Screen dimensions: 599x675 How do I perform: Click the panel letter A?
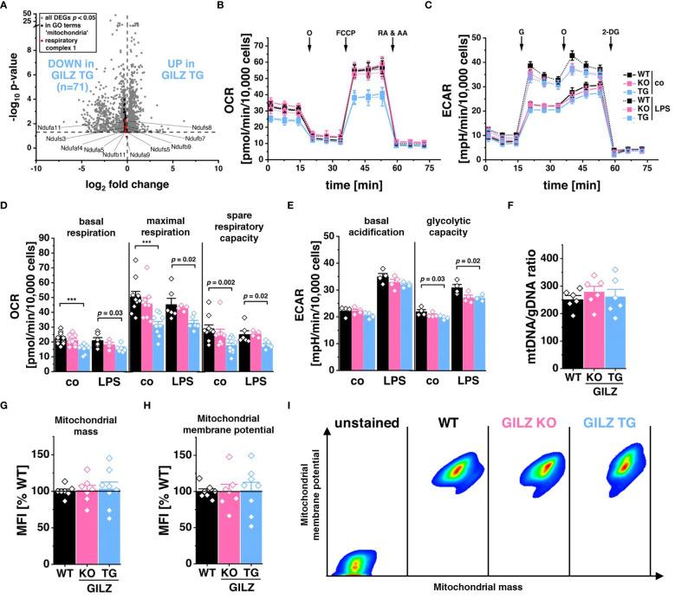click(x=7, y=7)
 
